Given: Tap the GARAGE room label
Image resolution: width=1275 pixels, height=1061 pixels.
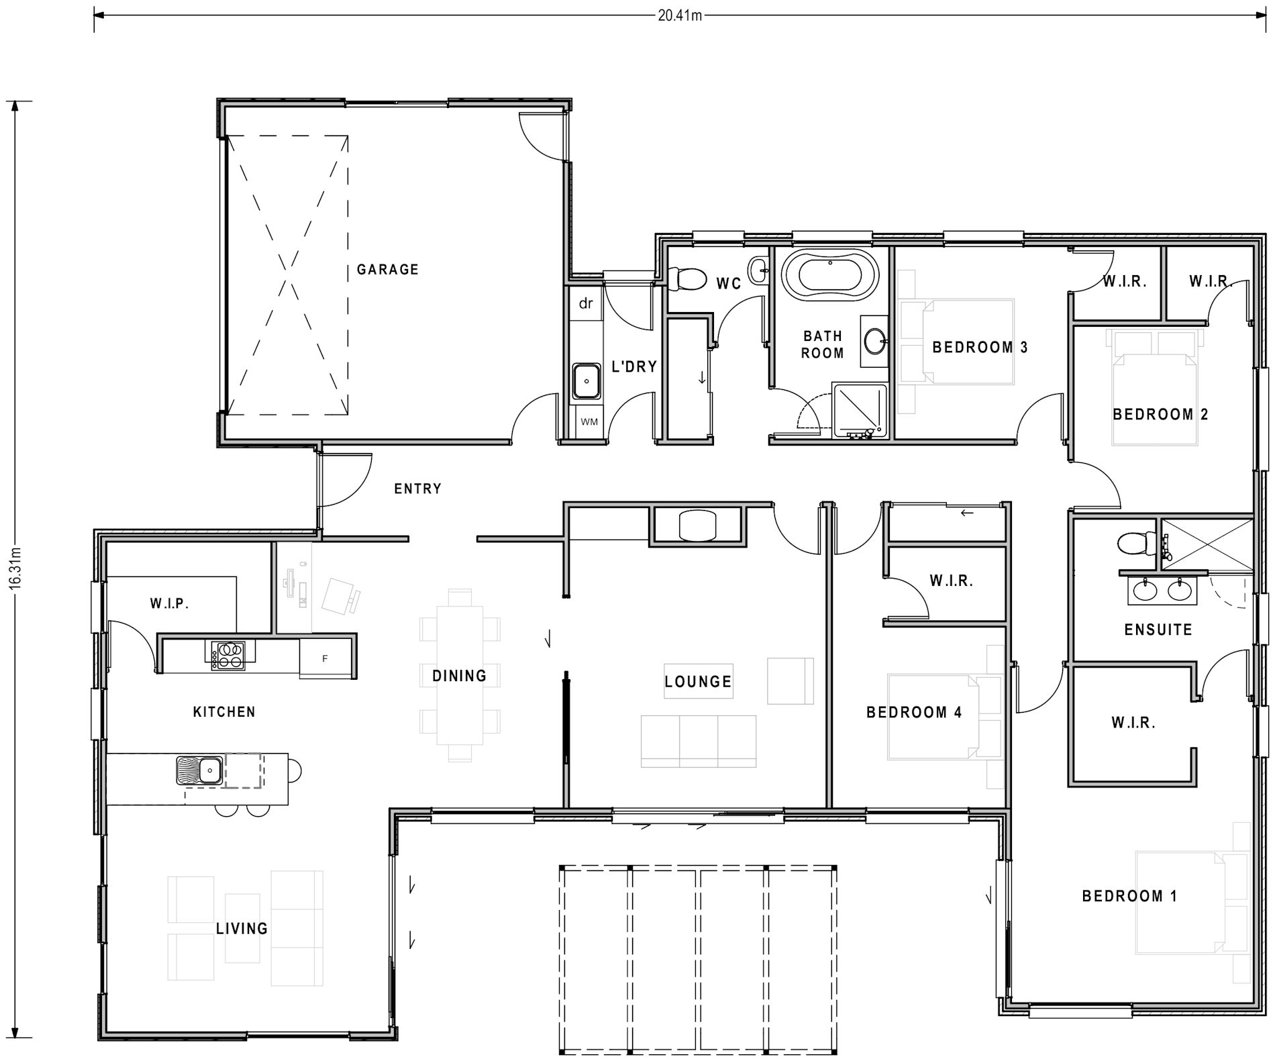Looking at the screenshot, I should [x=387, y=270].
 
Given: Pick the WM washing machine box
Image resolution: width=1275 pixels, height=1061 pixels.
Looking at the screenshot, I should [x=589, y=422].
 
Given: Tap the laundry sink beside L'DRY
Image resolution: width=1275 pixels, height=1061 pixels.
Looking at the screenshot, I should [x=587, y=381].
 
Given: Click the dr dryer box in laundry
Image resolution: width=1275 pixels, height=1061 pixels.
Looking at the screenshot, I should [x=586, y=304].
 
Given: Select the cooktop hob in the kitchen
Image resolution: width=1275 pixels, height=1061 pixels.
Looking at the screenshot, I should [x=229, y=656].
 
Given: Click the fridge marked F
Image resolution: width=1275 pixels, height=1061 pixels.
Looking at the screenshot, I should [x=325, y=658].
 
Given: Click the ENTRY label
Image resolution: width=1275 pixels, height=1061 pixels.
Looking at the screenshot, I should [x=417, y=489].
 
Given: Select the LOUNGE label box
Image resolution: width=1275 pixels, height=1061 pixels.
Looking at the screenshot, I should [x=698, y=682].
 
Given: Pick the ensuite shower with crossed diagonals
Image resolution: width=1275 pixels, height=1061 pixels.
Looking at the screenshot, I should [x=1207, y=543].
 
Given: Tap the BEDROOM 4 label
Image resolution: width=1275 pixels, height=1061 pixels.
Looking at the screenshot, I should [x=914, y=713].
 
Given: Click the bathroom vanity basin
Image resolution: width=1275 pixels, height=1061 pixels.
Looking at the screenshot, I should [x=874, y=342].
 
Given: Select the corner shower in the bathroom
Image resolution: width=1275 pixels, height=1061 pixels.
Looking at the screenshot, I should [x=859, y=411].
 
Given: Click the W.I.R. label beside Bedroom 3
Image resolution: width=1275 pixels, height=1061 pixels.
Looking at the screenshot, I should [x=1125, y=282].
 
